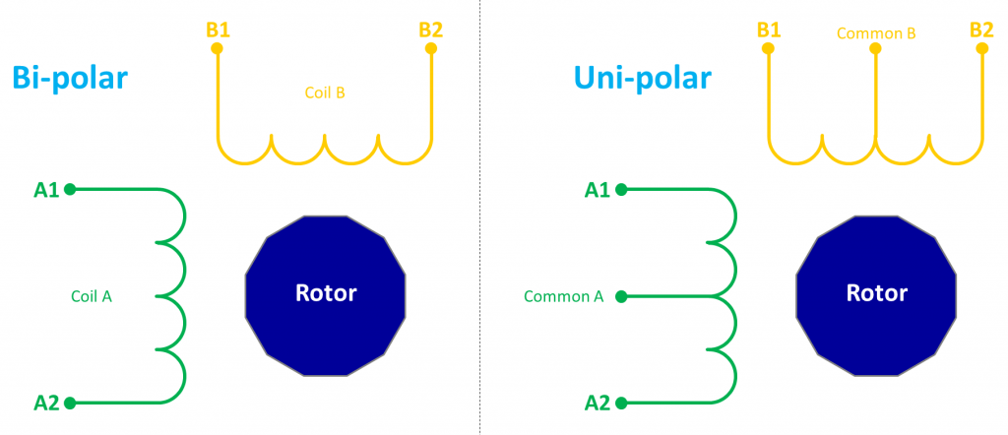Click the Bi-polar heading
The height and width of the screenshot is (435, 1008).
[70, 78]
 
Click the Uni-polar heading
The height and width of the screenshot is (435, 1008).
[643, 78]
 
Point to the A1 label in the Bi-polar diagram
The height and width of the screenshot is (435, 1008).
[46, 189]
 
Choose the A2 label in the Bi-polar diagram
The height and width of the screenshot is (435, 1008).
[46, 402]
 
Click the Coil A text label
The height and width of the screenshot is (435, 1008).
[92, 295]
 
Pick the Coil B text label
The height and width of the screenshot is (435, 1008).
[324, 93]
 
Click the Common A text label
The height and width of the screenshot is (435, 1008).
[563, 295]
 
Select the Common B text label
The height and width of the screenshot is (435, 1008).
[876, 33]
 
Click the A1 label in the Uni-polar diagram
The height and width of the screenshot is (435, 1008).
[598, 189]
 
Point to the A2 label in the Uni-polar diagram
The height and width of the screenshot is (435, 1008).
[598, 402]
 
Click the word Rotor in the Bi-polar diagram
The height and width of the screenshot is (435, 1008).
[326, 292]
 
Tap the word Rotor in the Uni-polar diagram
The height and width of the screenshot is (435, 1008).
[876, 292]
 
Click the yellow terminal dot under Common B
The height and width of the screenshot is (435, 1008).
[875, 47]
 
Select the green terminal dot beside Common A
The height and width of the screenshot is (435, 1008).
[620, 295]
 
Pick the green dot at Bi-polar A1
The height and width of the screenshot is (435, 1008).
[70, 189]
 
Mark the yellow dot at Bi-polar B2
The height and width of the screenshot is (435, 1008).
[431, 47]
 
